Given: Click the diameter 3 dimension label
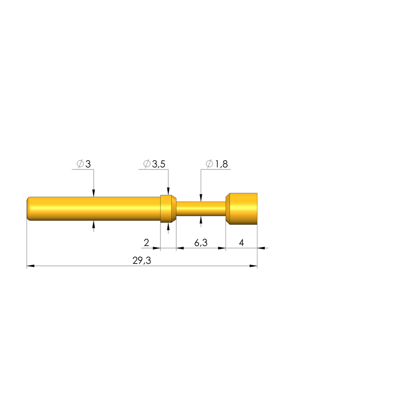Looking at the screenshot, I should coord(84,164).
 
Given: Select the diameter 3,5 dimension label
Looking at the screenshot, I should coord(154,164).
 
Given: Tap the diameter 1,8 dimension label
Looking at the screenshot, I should coord(217,164).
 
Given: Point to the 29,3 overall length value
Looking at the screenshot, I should coord(142,261).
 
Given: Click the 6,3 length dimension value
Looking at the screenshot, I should coord(201,243).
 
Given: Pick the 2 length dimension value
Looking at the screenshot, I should coord(146,243).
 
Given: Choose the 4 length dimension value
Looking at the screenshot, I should coord(241,243).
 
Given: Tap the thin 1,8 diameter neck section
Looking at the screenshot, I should coord(200,209).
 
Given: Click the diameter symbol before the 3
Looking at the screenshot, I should coord(80,164).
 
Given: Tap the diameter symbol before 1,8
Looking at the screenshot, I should coord(209,164).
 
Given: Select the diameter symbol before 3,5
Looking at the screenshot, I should coord(147,164).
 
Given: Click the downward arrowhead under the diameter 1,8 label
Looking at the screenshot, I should coord(201,199).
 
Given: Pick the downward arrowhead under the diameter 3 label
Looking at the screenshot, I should coord(94,193).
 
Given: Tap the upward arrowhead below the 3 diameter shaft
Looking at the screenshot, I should coord(94,224).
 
